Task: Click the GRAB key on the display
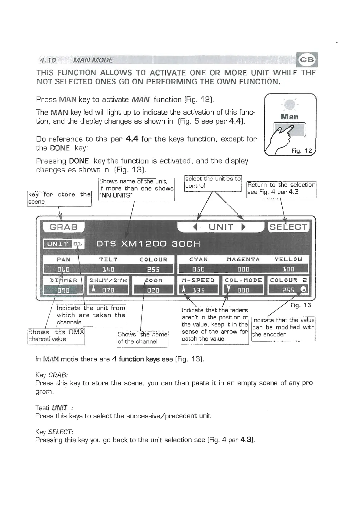63,227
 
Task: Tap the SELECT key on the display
288,227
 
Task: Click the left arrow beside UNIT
195,227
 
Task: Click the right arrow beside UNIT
244,227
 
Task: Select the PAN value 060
63,269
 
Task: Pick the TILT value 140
108,269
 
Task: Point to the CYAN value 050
198,269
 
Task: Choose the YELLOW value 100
288,269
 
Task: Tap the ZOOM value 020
153,290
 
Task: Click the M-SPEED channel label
198,280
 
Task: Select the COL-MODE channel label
243,280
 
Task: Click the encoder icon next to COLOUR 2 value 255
304,290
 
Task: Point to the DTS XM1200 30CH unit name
148,244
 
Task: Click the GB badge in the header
306,60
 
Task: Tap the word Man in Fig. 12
289,116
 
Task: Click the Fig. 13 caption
300,305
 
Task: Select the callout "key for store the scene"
59,198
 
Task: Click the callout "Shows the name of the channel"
142,338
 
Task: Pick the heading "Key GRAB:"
51,375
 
